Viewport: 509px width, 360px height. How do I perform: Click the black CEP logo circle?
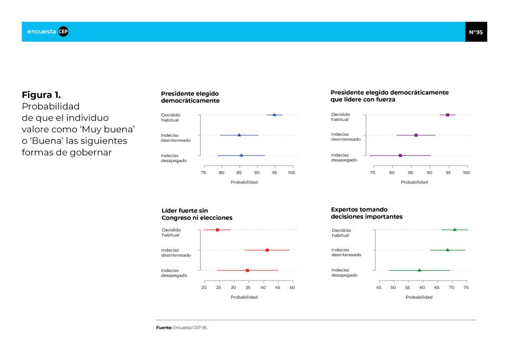pyautogui.click(x=63, y=31)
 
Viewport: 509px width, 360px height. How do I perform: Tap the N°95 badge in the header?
pyautogui.click(x=476, y=32)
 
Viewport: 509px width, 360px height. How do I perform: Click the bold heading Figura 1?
pyautogui.click(x=41, y=95)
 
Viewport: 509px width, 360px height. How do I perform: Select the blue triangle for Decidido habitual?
pyautogui.click(x=274, y=114)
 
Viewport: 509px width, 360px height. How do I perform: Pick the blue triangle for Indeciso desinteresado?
pyautogui.click(x=239, y=135)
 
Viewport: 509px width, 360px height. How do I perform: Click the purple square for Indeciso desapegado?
pyautogui.click(x=400, y=156)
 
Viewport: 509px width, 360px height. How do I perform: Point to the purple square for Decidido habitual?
pyautogui.click(x=448, y=115)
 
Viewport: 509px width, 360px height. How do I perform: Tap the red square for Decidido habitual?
pyautogui.click(x=218, y=230)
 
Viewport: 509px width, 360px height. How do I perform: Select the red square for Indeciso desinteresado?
pyautogui.click(x=267, y=250)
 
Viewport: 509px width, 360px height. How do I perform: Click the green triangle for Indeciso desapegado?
pyautogui.click(x=420, y=270)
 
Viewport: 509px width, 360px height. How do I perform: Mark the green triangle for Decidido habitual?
pyautogui.click(x=455, y=230)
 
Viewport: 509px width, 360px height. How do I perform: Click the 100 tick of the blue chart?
pyautogui.click(x=291, y=173)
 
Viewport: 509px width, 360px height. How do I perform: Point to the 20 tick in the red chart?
pyautogui.click(x=204, y=287)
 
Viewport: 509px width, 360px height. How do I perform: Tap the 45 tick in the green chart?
pyautogui.click(x=378, y=287)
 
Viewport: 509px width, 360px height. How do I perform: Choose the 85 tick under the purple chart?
pyautogui.click(x=411, y=173)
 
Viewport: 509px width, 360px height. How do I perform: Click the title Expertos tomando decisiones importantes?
pyautogui.click(x=367, y=213)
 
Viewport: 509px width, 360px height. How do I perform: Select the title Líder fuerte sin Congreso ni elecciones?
pyautogui.click(x=197, y=214)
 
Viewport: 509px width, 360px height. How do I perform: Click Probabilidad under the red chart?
pyautogui.click(x=244, y=297)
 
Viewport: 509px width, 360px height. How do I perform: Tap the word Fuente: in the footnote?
pyautogui.click(x=164, y=328)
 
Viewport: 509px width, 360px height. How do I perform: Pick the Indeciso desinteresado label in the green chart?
pyautogui.click(x=346, y=252)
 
